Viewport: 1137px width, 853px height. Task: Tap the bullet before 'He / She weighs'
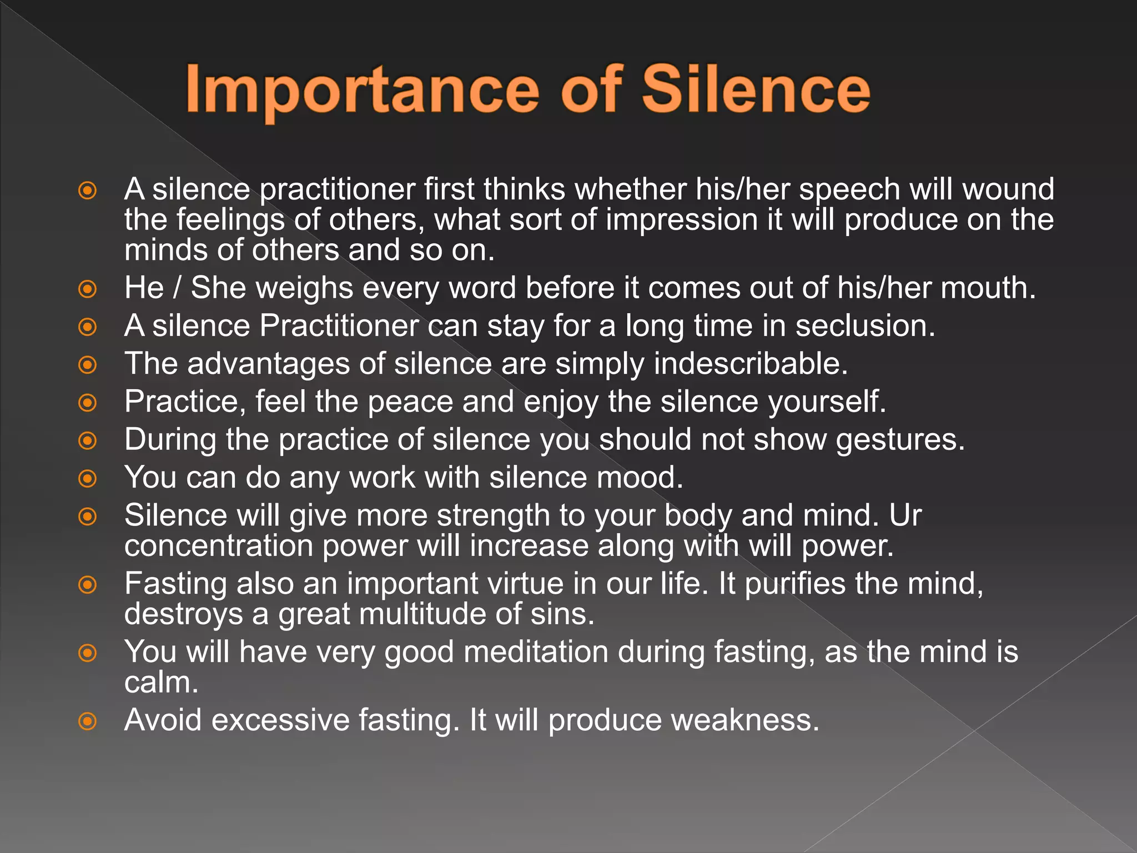point(88,289)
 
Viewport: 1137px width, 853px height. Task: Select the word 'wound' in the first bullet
point(1008,189)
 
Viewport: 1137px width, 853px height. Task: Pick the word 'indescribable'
point(751,364)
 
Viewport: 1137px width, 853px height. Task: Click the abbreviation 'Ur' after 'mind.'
point(905,515)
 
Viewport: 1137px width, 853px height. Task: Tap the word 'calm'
point(161,683)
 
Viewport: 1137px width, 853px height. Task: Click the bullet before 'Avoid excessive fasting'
point(88,721)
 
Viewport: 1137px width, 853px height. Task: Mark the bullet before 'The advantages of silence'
point(88,365)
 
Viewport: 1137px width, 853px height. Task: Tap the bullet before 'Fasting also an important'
point(88,584)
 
